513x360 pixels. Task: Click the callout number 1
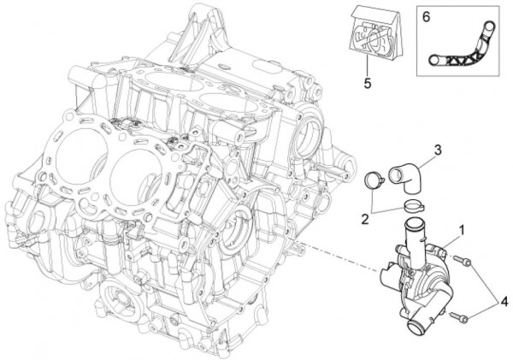click(463, 230)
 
